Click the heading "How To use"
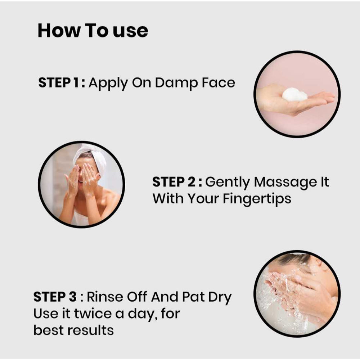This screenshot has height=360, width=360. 93,31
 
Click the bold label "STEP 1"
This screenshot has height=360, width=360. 59,82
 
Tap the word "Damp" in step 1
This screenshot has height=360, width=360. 176,83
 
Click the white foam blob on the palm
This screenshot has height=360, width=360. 294,95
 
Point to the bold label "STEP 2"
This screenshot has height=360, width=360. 174,182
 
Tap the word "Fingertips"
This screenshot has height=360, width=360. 257,199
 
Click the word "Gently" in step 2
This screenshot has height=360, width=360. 227,183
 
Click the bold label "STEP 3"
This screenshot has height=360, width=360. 55,297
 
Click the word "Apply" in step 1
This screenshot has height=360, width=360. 108,83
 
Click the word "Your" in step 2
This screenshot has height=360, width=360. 203,198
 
